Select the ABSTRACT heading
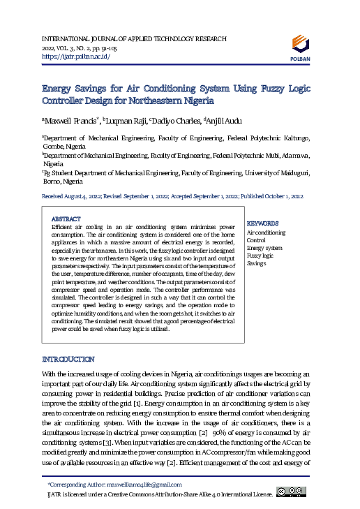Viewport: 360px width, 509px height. coord(66,219)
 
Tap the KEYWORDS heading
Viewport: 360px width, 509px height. coord(263,223)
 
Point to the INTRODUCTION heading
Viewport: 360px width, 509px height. coord(68,359)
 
